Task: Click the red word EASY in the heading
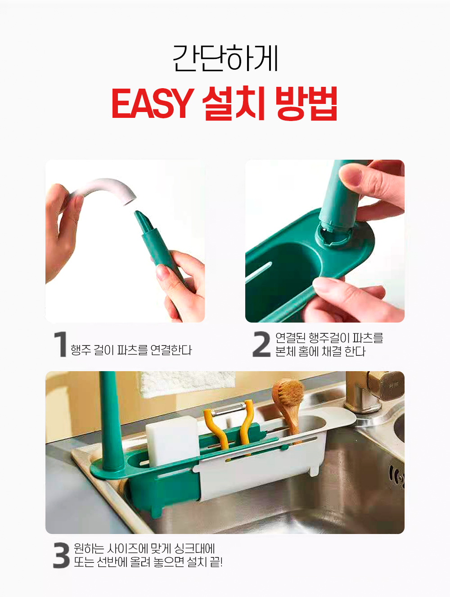click(153, 103)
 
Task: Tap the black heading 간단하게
click(225, 58)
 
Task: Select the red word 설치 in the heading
click(234, 103)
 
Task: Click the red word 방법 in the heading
click(306, 103)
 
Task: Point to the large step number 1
click(61, 344)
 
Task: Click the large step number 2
click(261, 344)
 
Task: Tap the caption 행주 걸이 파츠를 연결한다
click(131, 350)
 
